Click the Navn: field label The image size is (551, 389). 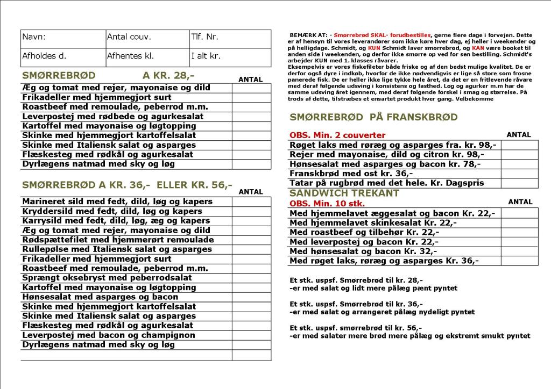[34, 37]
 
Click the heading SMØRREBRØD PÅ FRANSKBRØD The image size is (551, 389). [373, 117]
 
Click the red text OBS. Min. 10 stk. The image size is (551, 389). [327, 204]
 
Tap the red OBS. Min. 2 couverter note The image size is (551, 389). [337, 135]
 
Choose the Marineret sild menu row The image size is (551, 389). [117, 201]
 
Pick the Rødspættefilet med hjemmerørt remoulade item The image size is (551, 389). [118, 240]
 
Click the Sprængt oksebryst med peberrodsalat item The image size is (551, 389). [107, 278]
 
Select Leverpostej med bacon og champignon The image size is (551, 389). [109, 335]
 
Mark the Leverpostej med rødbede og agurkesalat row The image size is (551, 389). [113, 116]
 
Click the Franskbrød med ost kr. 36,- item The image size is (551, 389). [351, 174]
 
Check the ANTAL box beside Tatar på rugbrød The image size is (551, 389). [520, 183]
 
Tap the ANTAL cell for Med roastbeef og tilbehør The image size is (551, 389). [520, 232]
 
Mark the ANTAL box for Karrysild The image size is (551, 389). [252, 221]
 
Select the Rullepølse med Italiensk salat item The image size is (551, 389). [117, 249]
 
